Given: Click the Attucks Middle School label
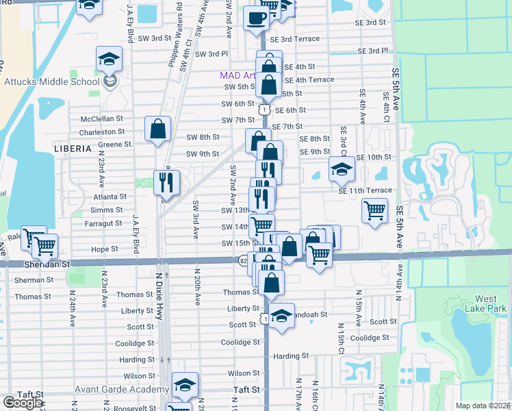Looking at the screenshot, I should coord(51,82).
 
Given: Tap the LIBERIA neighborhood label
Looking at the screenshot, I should coord(72,148).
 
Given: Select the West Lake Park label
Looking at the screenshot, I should coord(485,303).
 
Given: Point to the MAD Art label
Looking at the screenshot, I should coord(237,75).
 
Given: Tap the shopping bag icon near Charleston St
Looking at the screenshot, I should coord(158,129).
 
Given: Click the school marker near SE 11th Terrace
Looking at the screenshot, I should coord(341,170).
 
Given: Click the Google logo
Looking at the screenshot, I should coord(23,403).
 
